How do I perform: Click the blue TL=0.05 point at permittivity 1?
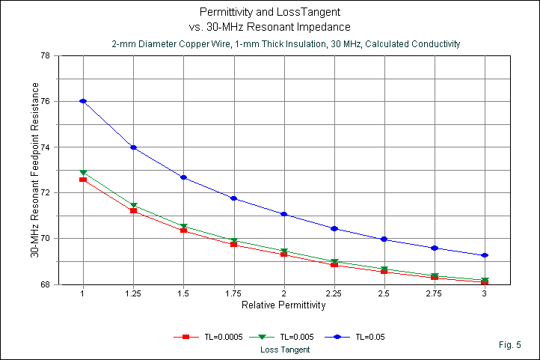(83, 101)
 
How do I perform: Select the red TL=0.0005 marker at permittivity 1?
(83, 180)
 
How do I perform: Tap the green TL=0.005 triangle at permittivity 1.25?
(133, 205)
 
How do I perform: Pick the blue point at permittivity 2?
(284, 214)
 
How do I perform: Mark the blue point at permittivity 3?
(485, 255)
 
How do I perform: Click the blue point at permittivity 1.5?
(183, 177)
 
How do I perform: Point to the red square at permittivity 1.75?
(234, 244)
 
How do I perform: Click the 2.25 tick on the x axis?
(334, 294)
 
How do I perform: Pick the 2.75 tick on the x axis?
(435, 294)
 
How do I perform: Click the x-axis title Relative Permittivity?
(284, 306)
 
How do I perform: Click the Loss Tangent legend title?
(285, 350)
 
